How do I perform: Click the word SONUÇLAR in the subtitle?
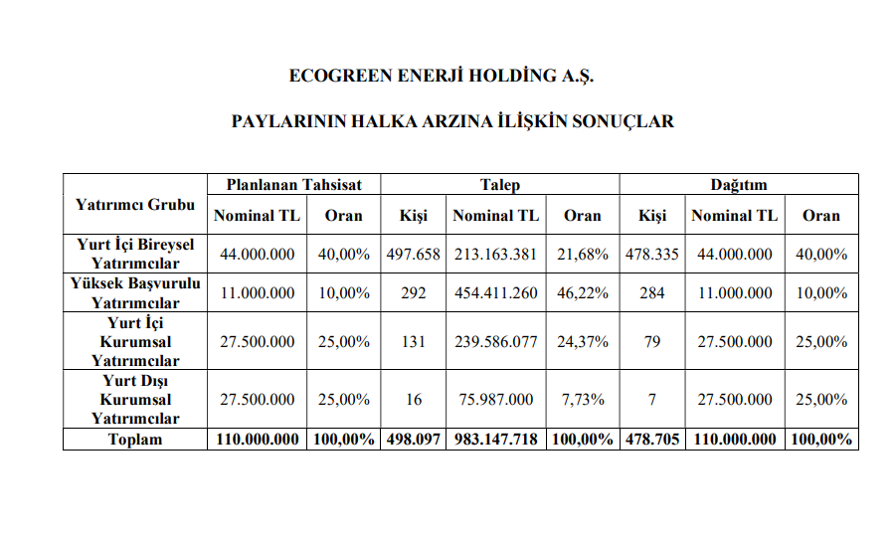pyautogui.click(x=624, y=121)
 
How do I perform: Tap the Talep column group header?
pyautogui.click(x=500, y=184)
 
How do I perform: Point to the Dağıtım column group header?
pyautogui.click(x=738, y=184)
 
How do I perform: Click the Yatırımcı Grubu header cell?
pyautogui.click(x=135, y=204)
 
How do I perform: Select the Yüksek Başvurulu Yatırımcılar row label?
pyautogui.click(x=135, y=292)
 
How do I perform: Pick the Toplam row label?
pyautogui.click(x=135, y=439)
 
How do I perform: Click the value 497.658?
pyautogui.click(x=414, y=254)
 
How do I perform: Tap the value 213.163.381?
pyautogui.click(x=495, y=254)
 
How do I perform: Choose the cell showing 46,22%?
pyautogui.click(x=583, y=293)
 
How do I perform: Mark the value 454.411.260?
pyautogui.click(x=495, y=293)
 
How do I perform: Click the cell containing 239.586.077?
pyautogui.click(x=495, y=341)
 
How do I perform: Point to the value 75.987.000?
pyautogui.click(x=495, y=399)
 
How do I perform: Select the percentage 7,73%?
pyautogui.click(x=583, y=399)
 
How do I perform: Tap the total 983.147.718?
pyautogui.click(x=495, y=439)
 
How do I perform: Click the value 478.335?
pyautogui.click(x=652, y=254)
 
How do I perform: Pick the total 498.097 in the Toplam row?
pyautogui.click(x=414, y=439)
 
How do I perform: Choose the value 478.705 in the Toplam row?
pyautogui.click(x=652, y=439)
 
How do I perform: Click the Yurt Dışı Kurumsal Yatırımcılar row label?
pyautogui.click(x=135, y=399)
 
